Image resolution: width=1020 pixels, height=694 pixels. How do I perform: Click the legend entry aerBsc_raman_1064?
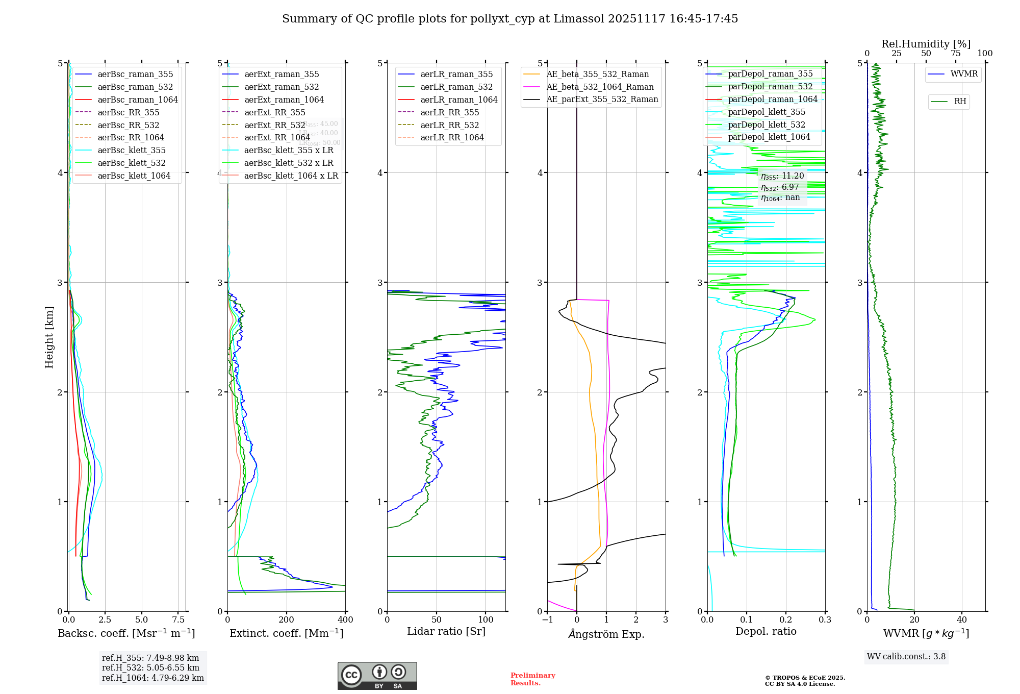(x=138, y=100)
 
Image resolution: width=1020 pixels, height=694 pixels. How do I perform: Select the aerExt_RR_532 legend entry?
(x=274, y=125)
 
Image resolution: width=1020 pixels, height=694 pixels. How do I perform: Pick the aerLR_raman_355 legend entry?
(x=456, y=74)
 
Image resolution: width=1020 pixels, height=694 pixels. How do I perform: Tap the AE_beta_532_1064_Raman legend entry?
(x=600, y=87)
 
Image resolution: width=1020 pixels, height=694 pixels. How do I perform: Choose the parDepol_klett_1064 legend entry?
(x=769, y=137)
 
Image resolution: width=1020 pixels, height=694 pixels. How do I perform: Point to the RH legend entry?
(x=960, y=102)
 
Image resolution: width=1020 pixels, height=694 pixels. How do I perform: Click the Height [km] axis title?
(x=49, y=337)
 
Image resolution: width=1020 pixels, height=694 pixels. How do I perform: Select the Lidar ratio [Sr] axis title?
(x=446, y=631)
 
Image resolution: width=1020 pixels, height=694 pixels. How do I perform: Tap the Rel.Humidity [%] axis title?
(x=926, y=44)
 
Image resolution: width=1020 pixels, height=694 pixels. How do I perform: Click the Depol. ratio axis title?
(x=766, y=631)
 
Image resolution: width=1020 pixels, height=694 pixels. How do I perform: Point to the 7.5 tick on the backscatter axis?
(x=178, y=620)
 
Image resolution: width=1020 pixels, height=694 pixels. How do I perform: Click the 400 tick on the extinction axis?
(x=345, y=620)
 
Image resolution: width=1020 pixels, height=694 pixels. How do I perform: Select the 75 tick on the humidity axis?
(x=955, y=54)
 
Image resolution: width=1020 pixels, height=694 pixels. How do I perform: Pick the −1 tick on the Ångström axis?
(x=547, y=620)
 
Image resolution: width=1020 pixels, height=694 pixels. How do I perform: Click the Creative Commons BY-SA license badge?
(x=377, y=676)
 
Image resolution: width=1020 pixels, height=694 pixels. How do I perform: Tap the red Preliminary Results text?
(x=532, y=679)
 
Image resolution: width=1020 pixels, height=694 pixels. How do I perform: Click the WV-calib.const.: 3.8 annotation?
(x=906, y=657)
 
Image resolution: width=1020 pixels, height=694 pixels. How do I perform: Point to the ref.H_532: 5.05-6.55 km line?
(x=150, y=668)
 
